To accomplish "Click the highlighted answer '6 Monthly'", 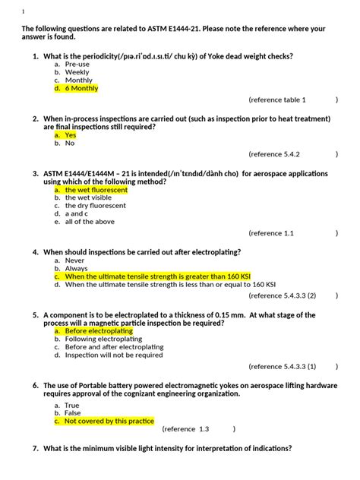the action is point(81,88).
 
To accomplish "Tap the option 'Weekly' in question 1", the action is point(77,72).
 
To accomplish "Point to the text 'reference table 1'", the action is point(280,99).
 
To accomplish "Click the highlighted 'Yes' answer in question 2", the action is point(71,135).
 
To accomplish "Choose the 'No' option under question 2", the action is point(70,143).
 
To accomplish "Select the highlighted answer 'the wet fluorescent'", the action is point(96,190).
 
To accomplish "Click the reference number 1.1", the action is point(288,233).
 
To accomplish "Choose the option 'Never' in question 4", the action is point(75,261).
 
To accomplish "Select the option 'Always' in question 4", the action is point(76,269).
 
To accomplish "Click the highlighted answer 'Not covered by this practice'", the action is point(109,421).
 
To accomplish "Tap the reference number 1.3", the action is point(204,428).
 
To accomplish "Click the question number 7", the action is point(35,449).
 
